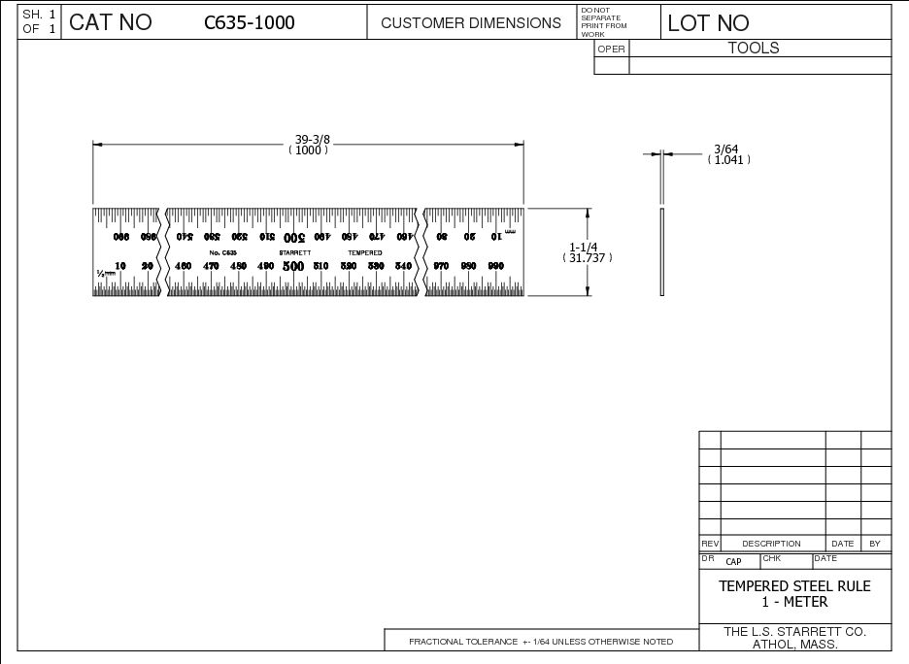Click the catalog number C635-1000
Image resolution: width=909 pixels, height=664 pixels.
[250, 22]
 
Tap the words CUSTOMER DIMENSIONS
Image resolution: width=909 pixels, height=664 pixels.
[471, 22]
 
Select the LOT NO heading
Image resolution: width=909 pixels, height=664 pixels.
[708, 23]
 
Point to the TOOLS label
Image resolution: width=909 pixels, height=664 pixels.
[754, 48]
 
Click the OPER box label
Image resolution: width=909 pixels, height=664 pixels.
[612, 50]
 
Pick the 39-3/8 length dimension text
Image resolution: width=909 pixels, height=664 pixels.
[309, 139]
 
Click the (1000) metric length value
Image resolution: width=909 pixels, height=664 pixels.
[309, 150]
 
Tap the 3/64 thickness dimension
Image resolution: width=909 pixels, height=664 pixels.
[726, 149]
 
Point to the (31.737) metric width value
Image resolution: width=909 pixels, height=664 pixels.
[587, 258]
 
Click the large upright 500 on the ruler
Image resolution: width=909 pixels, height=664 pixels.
[292, 266]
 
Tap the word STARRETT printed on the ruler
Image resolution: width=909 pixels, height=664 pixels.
[294, 252]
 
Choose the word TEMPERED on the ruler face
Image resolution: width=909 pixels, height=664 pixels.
[365, 252]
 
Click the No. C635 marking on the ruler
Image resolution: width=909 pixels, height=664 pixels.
[222, 252]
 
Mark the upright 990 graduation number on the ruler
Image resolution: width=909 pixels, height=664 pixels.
[496, 266]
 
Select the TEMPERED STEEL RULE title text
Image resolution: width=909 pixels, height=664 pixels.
[794, 586]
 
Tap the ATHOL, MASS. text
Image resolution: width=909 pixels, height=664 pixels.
[795, 645]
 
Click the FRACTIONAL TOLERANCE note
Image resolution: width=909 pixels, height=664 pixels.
[540, 642]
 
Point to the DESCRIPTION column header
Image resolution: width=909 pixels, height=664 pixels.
[772, 544]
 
